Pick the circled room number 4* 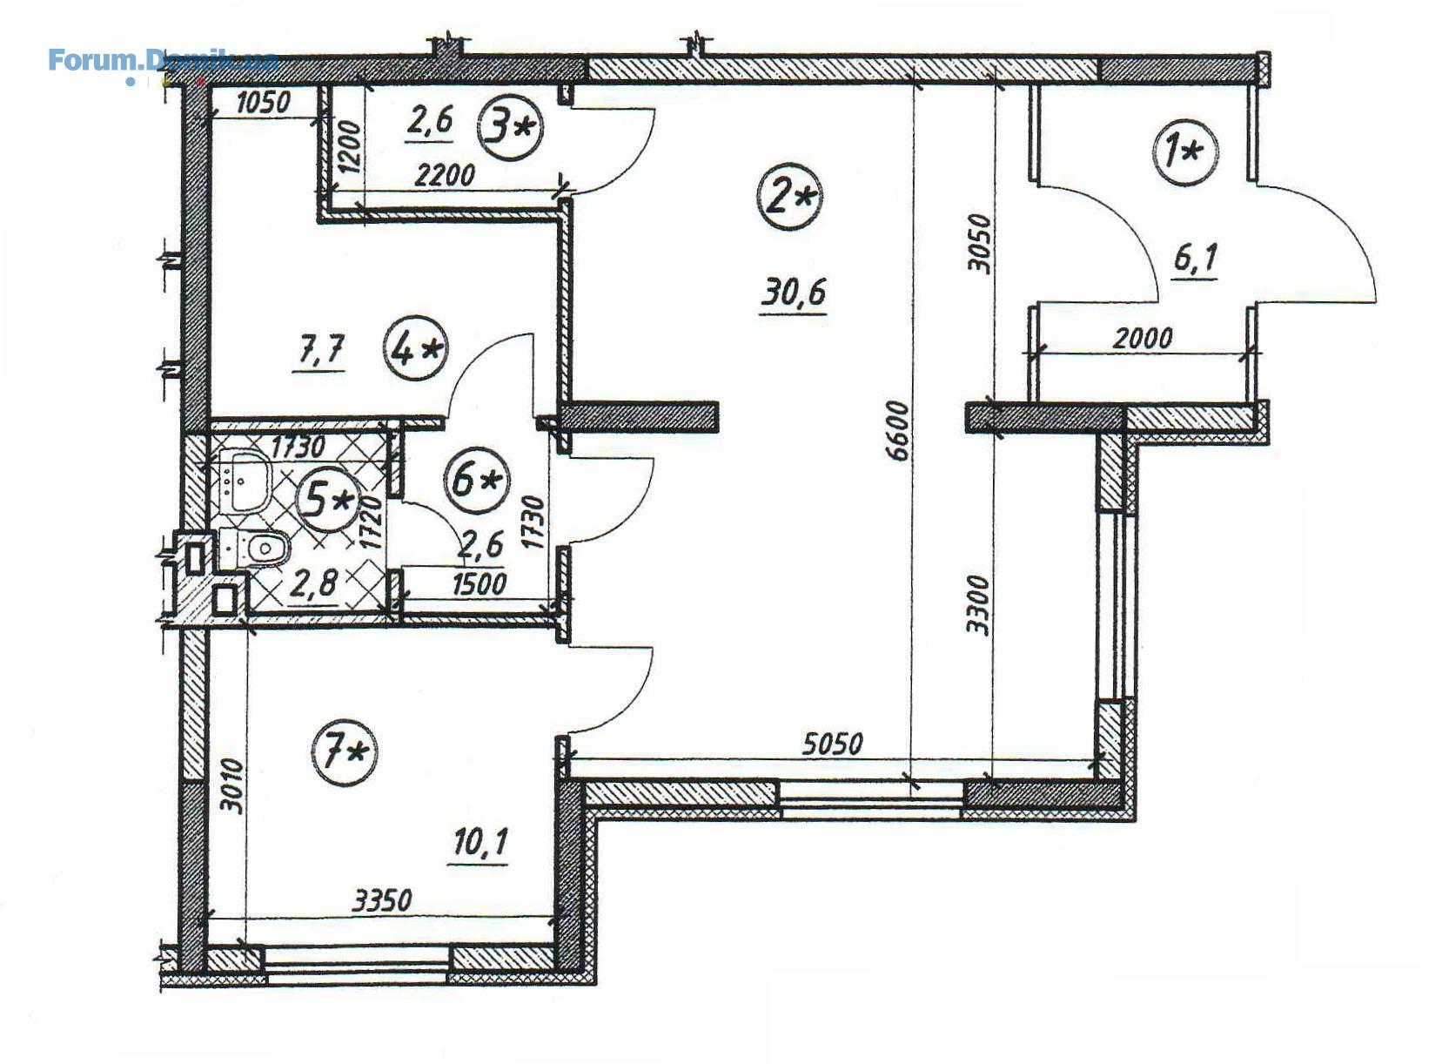tap(417, 349)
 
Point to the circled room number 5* tap(328, 500)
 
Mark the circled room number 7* tap(345, 753)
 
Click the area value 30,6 tap(793, 293)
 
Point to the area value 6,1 tap(1196, 259)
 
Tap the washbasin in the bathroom tap(249, 481)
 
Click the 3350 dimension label tap(382, 900)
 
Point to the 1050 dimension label tap(263, 103)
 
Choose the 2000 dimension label tap(1143, 338)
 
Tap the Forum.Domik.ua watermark tap(163, 61)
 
